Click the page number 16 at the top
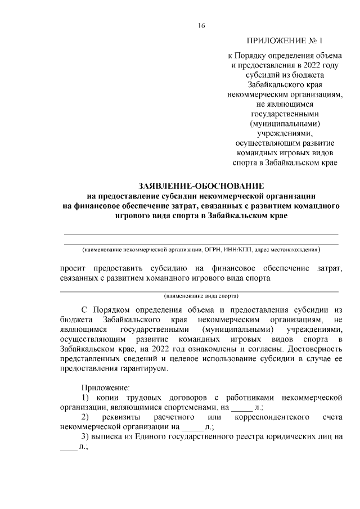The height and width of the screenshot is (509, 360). click(x=201, y=25)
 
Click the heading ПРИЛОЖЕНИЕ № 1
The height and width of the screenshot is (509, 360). click(x=285, y=41)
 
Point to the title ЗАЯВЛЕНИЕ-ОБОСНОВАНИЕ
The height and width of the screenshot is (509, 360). click(x=201, y=186)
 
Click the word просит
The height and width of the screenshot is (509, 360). click(x=73, y=268)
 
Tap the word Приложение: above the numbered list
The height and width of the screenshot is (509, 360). click(x=106, y=388)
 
